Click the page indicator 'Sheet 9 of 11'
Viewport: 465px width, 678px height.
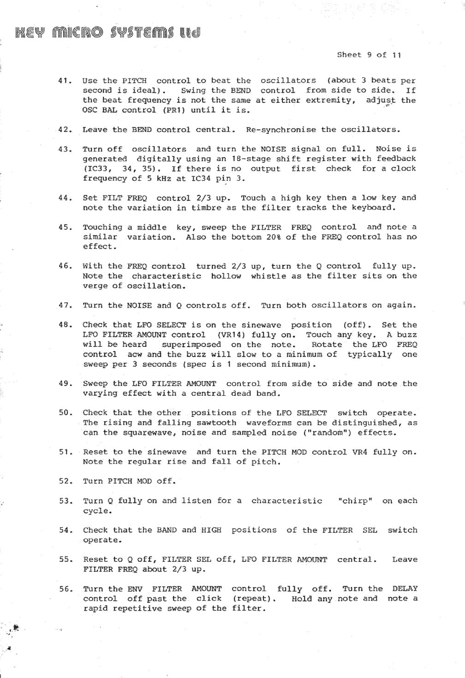pos(369,55)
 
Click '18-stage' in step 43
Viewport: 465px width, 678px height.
pos(251,159)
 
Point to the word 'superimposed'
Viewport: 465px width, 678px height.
pos(191,345)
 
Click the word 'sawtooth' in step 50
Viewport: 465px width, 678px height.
pos(216,422)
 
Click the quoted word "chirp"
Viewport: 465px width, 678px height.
pos(355,501)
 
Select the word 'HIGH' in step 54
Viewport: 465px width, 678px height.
pos(211,530)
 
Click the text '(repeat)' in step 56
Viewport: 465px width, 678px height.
pos(254,599)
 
